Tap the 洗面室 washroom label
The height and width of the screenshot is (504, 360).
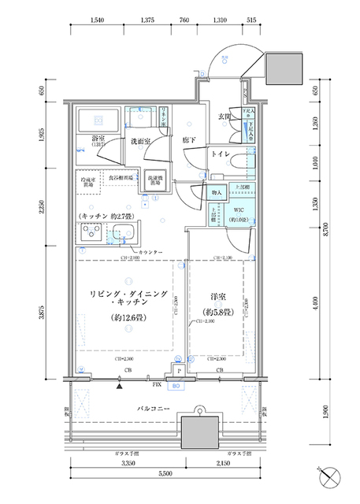141,143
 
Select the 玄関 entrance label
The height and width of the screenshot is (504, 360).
224,117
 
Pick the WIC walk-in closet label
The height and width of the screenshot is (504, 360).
236,210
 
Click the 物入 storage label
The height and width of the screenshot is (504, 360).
217,191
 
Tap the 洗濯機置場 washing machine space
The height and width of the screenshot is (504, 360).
156,180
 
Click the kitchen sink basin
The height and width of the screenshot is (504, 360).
123,233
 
